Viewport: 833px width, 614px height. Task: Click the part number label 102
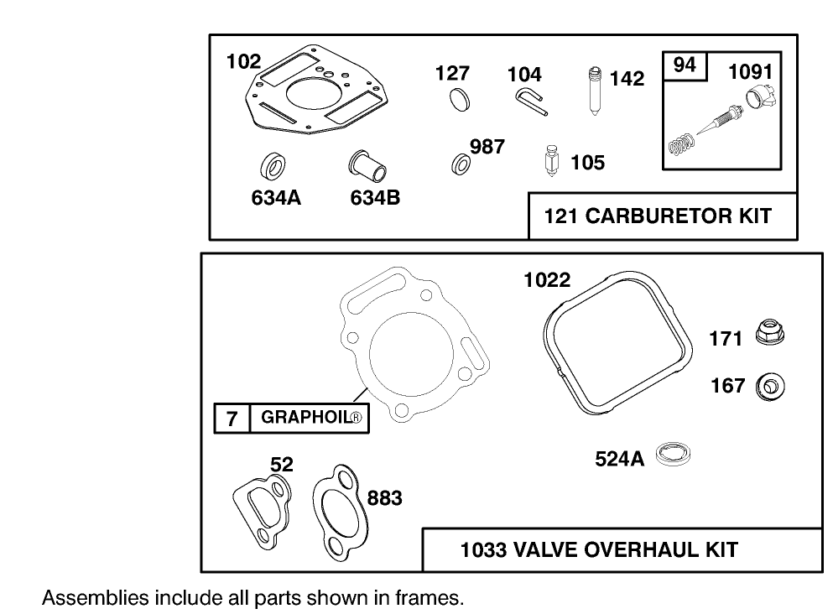243,61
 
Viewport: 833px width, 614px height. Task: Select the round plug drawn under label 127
459,98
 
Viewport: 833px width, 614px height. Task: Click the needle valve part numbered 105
551,160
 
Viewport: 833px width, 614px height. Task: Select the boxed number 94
685,65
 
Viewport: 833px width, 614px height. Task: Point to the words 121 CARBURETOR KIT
657,216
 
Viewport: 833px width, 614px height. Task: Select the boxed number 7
232,418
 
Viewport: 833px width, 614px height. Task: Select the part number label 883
384,498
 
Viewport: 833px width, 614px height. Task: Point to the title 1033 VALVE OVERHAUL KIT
599,550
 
